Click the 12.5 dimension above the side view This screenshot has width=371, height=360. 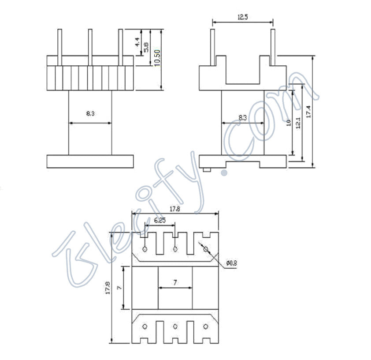pyautogui.click(x=242, y=17)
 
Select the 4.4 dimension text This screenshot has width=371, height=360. pyautogui.click(x=137, y=43)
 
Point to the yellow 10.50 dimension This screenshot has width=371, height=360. pyautogui.click(x=156, y=57)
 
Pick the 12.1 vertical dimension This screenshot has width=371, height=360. pyautogui.click(x=299, y=123)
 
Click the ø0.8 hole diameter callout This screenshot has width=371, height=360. pyautogui.click(x=231, y=263)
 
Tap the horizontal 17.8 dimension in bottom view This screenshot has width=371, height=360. pyautogui.click(x=175, y=209)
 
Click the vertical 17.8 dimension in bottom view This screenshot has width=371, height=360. pyautogui.click(x=108, y=289)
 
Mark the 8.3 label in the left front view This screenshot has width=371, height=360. pyautogui.click(x=90, y=113)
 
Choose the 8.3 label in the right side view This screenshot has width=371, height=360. pyautogui.click(x=242, y=117)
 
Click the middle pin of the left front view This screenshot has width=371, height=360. pyautogui.click(x=90, y=42)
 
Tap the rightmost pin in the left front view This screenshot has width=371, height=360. pyautogui.click(x=120, y=42)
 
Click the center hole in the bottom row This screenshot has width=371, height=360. pyautogui.click(x=175, y=326)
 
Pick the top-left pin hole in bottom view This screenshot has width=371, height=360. pyautogui.click(x=145, y=250)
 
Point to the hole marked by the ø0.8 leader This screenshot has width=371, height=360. pyautogui.click(x=205, y=249)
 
